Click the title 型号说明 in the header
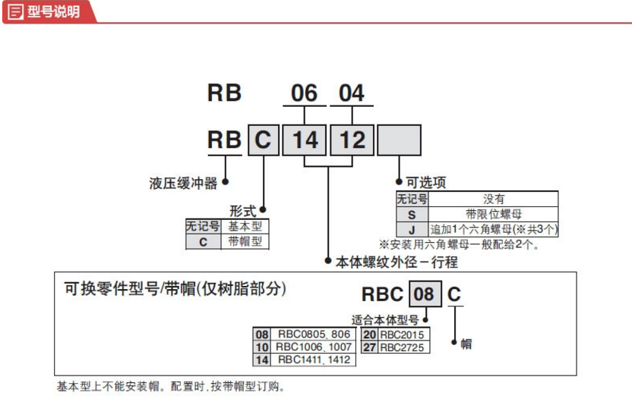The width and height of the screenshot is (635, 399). coord(53,12)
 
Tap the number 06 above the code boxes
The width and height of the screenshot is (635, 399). coord(304,93)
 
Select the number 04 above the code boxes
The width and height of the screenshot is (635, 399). coord(351,93)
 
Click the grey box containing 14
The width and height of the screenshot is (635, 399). coord(305,140)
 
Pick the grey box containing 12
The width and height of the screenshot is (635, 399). coord(352,140)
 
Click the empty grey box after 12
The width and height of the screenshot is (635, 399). coord(400,140)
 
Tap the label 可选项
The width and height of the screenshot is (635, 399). coord(425,183)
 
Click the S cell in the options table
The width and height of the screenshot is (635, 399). coord(412,214)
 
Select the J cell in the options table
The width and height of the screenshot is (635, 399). coord(412,228)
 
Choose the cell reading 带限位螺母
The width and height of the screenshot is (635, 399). coord(493,214)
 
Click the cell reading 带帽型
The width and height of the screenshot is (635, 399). coord(245,241)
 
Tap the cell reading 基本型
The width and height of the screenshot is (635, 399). coord(245,227)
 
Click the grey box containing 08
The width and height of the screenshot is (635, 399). coord(424,294)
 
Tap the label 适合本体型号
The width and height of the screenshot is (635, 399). coord(385,319)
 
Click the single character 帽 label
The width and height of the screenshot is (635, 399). coord(466,344)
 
